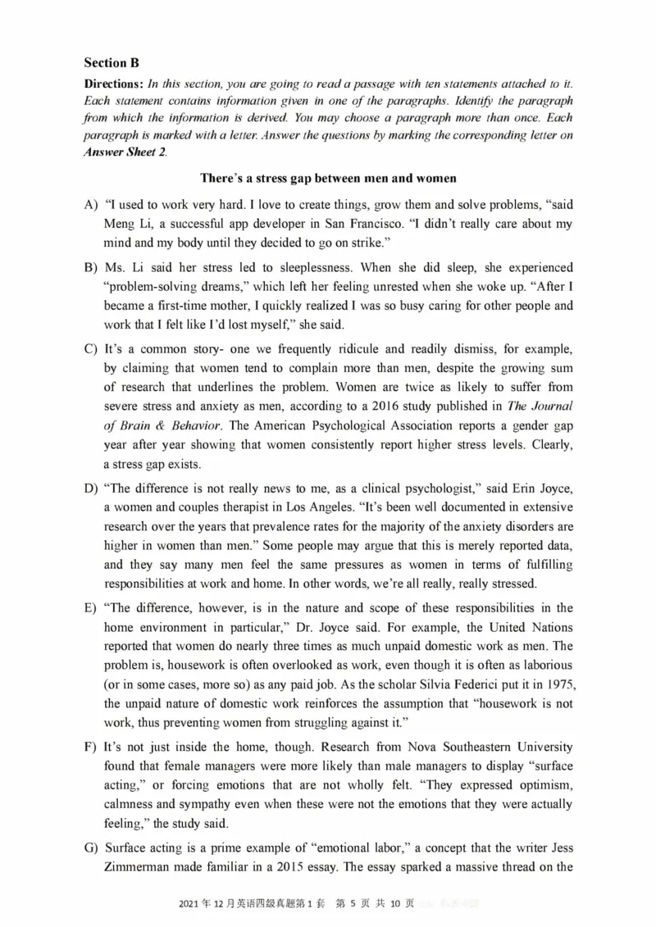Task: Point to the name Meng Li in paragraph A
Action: (128, 224)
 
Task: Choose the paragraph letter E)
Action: (90, 607)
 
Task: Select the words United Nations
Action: (535, 627)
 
